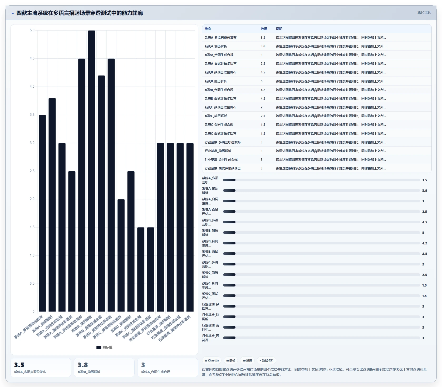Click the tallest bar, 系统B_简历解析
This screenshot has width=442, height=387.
pos(91,171)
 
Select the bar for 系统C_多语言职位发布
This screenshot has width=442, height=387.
pos(121,255)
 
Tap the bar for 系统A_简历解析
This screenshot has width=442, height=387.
pos(52,205)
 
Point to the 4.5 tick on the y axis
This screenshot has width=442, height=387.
pos(32,58)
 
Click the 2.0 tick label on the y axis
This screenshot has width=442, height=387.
pos(32,199)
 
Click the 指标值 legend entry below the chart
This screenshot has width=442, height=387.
pos(104,347)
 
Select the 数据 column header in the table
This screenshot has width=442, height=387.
pos(264,29)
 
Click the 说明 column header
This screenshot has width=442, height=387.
pos(279,29)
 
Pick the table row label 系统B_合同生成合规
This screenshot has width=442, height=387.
pos(219,90)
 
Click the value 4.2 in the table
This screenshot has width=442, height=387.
pos(263,90)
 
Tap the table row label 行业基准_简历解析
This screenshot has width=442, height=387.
pos(218,151)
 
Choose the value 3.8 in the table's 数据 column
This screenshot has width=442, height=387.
pos(263,46)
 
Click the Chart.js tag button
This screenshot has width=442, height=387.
pos(212,360)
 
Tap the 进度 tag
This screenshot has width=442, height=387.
pos(247,360)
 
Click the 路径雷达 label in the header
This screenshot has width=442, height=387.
pos(424,13)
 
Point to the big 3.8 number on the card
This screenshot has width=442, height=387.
pos(83,365)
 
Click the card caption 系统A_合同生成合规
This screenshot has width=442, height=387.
pos(155,372)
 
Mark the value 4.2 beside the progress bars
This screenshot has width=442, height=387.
pos(424,243)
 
